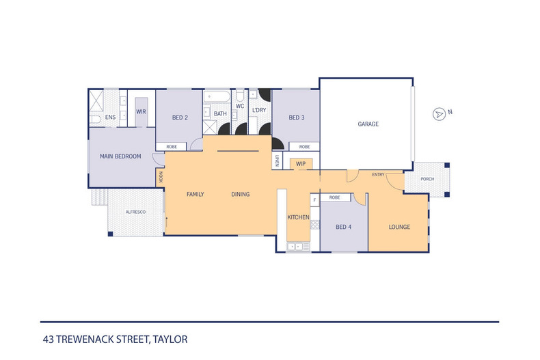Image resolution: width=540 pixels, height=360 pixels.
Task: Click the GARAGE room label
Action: pyautogui.click(x=368, y=124)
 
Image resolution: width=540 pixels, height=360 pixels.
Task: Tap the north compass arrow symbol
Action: pyautogui.click(x=439, y=114)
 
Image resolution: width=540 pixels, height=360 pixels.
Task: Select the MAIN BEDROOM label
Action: pyautogui.click(x=120, y=156)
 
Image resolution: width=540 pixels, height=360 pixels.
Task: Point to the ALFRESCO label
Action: pyautogui.click(x=135, y=212)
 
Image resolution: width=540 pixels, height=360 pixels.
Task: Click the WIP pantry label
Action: pyautogui.click(x=301, y=164)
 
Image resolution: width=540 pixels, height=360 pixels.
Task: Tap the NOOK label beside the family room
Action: pyautogui.click(x=161, y=176)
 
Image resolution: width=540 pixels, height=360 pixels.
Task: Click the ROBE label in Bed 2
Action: pyautogui.click(x=171, y=147)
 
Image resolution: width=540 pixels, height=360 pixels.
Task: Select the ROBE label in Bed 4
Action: pyautogui.click(x=335, y=197)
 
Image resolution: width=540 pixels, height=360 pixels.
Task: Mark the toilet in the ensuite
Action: pyautogui.click(x=95, y=120)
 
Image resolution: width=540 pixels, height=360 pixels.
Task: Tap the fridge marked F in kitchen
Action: pyautogui.click(x=314, y=199)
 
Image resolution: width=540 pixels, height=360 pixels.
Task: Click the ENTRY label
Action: pyautogui.click(x=378, y=175)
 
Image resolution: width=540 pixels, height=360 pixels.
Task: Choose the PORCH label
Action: pyautogui.click(x=427, y=180)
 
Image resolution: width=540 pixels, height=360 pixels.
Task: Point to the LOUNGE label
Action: pyautogui.click(x=399, y=227)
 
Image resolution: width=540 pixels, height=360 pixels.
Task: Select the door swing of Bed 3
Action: pyautogui.click(x=278, y=143)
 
